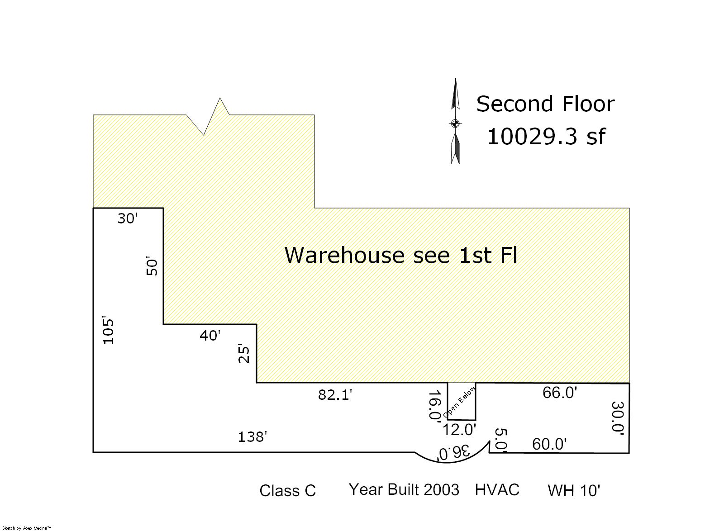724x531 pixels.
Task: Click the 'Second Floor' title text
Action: point(545,104)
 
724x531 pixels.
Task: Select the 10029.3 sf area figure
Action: point(546,137)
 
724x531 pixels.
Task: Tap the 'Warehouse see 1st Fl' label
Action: point(401,255)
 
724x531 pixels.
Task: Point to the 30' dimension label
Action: point(128,218)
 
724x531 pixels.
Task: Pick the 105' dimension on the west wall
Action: point(108,332)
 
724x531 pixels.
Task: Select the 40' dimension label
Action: point(210,336)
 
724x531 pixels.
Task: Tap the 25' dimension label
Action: point(244,355)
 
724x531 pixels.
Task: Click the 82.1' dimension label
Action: point(335,395)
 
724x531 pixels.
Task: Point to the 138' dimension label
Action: point(252,437)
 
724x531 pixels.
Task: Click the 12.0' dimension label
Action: point(459,430)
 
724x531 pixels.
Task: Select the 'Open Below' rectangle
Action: point(461,402)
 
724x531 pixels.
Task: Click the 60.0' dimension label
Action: point(549,444)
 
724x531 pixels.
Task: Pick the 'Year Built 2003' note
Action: point(404,490)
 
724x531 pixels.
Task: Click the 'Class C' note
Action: point(288,491)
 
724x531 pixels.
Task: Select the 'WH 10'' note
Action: point(574,491)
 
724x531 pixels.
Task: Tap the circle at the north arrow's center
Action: point(455,123)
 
